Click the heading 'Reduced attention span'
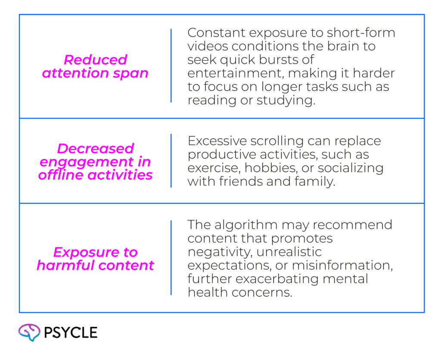95,66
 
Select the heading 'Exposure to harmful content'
95,258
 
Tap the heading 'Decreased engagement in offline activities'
95,161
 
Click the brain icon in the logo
29,332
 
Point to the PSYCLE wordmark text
71,332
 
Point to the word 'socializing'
351,168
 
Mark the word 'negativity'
220,252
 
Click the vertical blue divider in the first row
171,65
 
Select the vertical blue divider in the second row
171,161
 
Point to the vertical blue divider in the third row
171,258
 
